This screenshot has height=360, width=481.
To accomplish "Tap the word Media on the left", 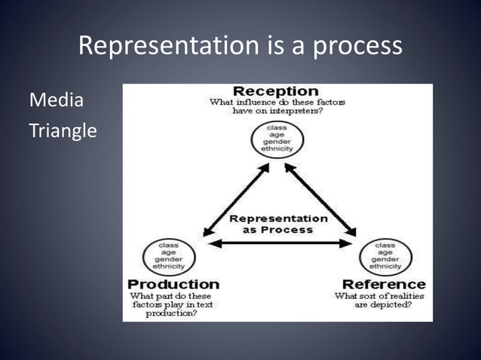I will pos(56,101).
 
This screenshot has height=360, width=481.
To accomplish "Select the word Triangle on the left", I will pos(63,130).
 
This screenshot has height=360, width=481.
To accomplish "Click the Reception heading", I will pos(276,90).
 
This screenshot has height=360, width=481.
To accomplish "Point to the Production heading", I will pos(173,284).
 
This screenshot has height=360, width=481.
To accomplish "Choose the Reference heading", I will pos(384,284).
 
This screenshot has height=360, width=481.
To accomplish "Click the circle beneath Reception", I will pos(277,140).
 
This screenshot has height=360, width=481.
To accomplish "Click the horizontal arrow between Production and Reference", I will pos(278,243).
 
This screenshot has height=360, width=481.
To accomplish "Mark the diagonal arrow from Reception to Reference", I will pos(320,197).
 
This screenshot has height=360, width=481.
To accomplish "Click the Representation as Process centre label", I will pos(278,224).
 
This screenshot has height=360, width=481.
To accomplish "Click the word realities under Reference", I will pos(403,296).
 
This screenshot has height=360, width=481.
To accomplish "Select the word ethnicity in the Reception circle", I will pos(277,149).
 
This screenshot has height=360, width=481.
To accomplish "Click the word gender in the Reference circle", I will pos(384,258).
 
